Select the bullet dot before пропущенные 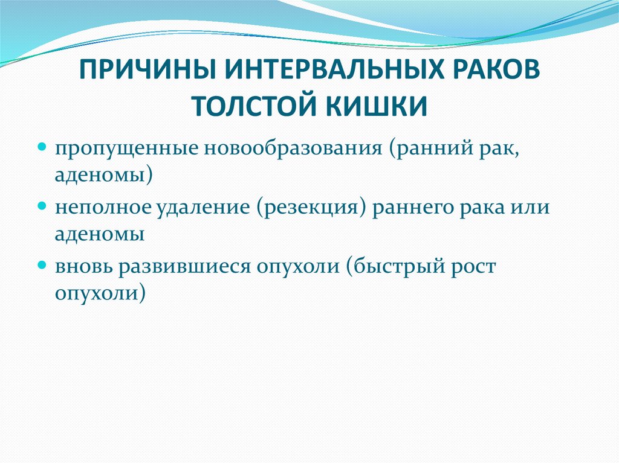[42, 147]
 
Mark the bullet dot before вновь [42, 266]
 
